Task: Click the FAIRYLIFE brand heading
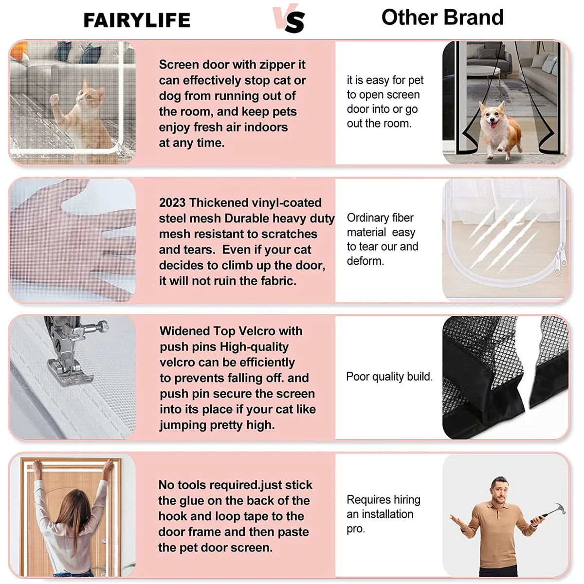pyautogui.click(x=137, y=20)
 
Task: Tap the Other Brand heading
pyautogui.click(x=442, y=17)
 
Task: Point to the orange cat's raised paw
pyautogui.click(x=55, y=98)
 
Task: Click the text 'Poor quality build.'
pyautogui.click(x=389, y=376)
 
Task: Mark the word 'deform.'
pyautogui.click(x=365, y=261)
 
